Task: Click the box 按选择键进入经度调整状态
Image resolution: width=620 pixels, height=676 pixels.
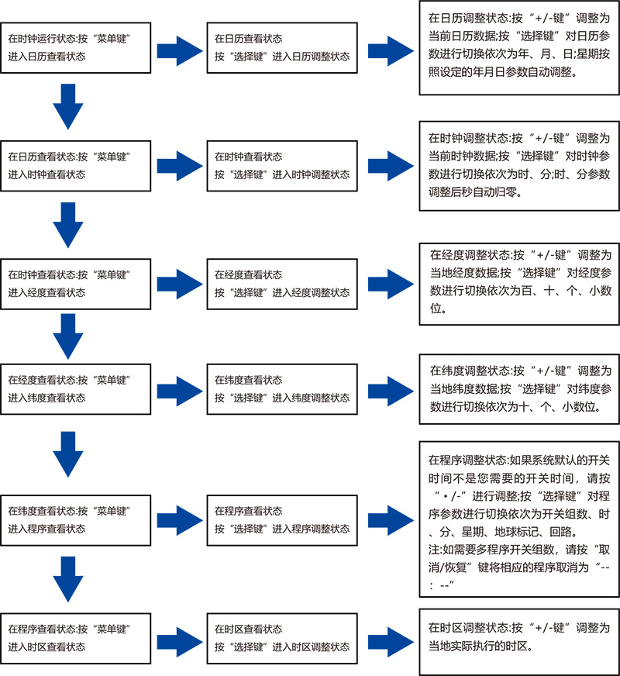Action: (x=283, y=284)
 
